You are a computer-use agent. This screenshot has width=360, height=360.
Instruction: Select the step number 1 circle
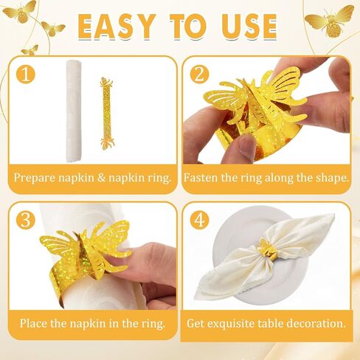(x=27, y=75)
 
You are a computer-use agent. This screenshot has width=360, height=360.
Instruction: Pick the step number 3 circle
(x=27, y=221)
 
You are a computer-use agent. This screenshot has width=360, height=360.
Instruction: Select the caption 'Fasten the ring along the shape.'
(x=266, y=178)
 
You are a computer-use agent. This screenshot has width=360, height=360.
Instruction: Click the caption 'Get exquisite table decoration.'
(x=266, y=323)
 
